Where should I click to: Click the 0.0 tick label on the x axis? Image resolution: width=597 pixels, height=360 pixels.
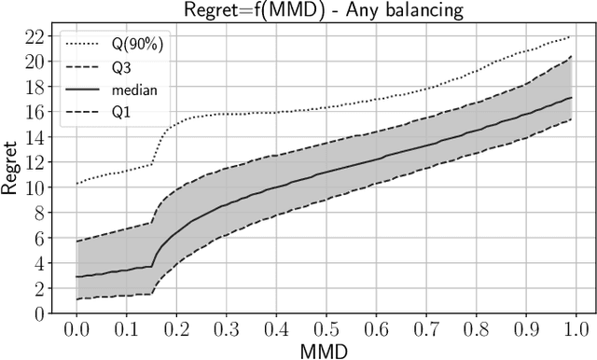pyautogui.click(x=76, y=330)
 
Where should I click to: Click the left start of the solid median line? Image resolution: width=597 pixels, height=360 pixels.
pyautogui.click(x=76, y=277)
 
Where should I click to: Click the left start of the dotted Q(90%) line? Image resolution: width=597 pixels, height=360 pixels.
pyautogui.click(x=76, y=184)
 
